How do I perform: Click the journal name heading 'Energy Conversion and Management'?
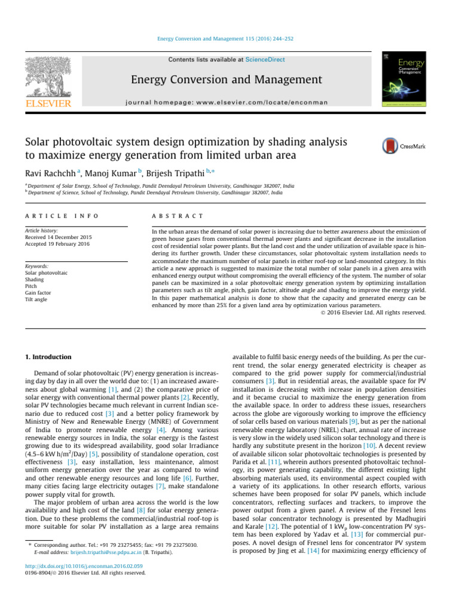click(227, 80)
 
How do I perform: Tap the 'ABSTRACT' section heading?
click(178, 216)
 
